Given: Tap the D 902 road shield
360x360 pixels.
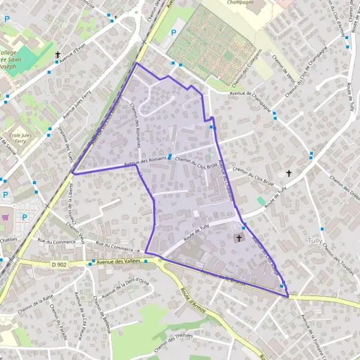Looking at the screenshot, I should (59, 263).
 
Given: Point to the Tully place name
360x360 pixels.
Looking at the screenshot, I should (331, 241).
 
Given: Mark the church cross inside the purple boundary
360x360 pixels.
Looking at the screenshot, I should (239, 239).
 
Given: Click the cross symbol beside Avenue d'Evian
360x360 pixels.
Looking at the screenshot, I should (58, 55).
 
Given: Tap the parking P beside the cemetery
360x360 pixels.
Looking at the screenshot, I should (174, 33).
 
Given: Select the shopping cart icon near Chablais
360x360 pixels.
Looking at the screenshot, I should (5, 217).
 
